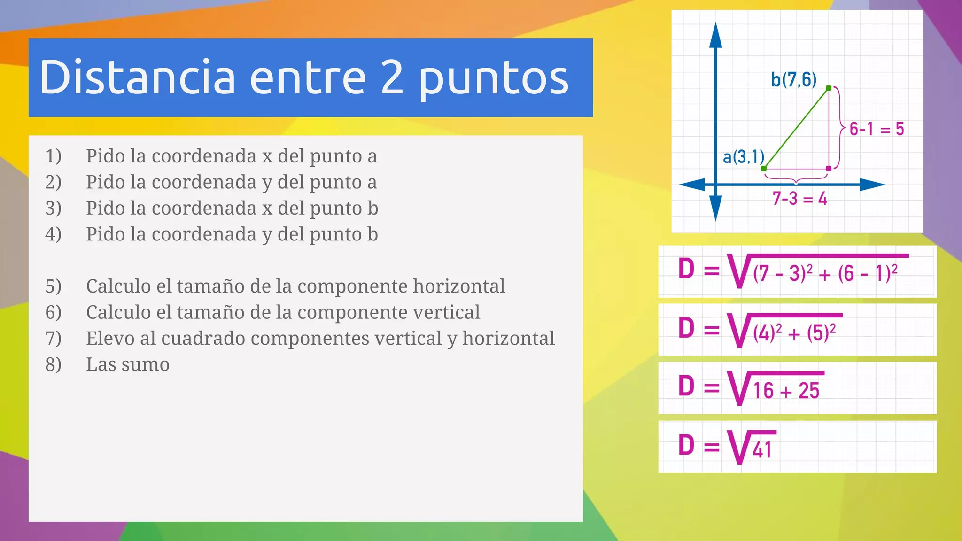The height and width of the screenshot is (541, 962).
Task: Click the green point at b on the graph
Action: coord(829,88)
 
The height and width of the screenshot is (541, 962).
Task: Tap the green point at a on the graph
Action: coord(764,168)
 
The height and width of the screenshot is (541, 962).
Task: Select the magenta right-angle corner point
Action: coord(828,168)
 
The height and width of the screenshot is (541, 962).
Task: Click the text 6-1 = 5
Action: coord(877,129)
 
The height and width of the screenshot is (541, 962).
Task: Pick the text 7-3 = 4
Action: coord(799,199)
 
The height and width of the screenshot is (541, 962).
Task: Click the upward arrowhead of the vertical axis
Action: coord(715,35)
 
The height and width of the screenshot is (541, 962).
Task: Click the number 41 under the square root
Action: coord(761,450)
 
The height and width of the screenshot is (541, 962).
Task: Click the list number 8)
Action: coord(53,364)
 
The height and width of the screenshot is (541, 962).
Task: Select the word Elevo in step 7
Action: coord(110,338)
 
